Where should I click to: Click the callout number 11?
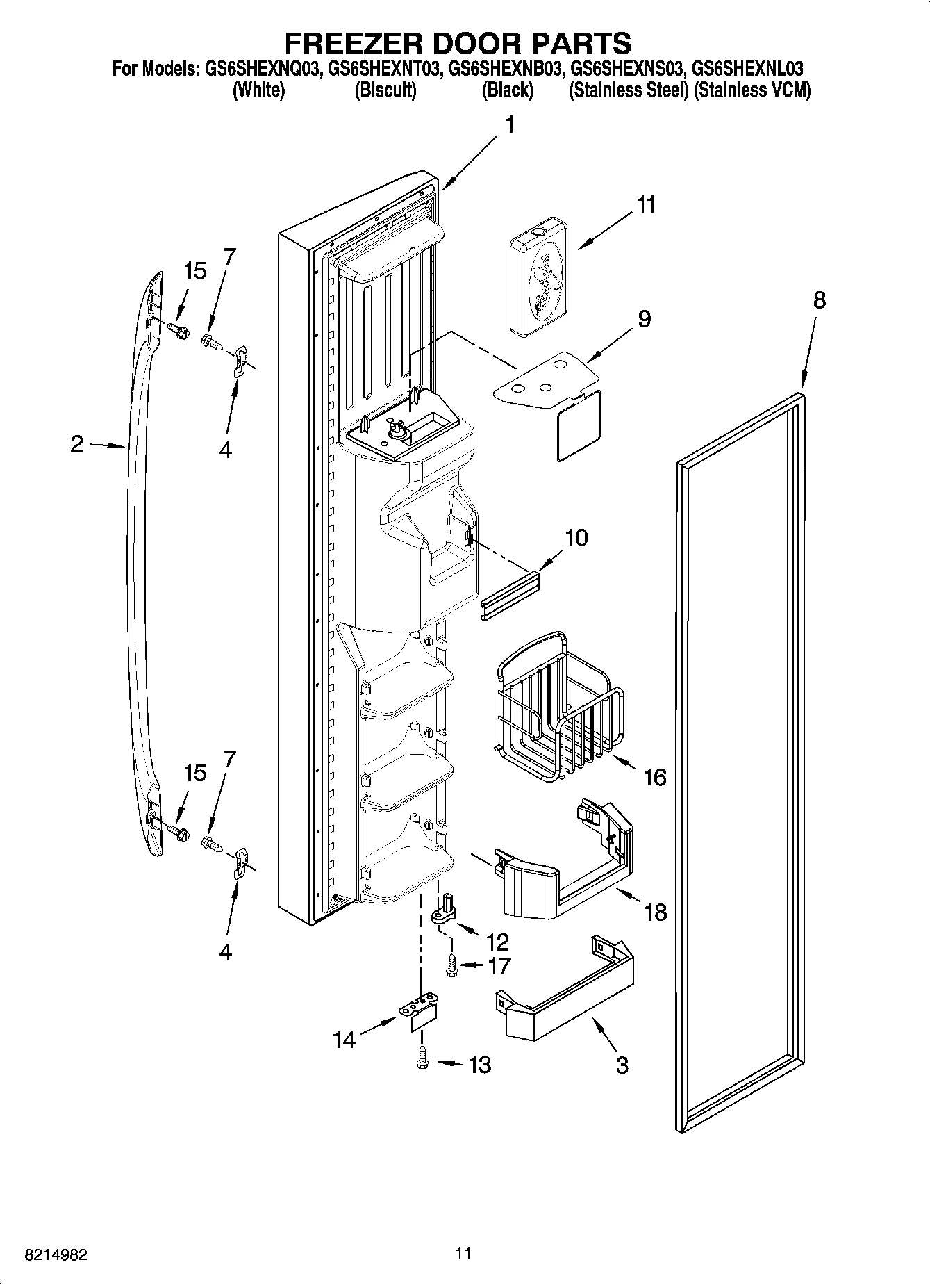coord(646,206)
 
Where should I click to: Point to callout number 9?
coord(644,319)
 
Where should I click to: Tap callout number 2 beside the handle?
coord(76,444)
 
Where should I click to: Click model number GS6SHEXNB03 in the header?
coord(506,69)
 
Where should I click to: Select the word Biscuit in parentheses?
coord(385,90)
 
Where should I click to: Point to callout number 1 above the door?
coord(510,125)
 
